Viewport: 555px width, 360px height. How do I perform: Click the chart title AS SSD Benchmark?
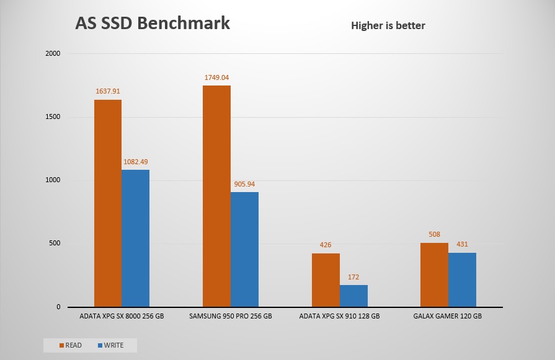[153, 23]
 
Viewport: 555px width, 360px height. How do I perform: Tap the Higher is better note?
[388, 25]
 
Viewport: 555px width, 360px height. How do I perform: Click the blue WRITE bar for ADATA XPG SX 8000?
[135, 239]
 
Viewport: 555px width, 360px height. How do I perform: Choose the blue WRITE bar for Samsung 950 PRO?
[244, 250]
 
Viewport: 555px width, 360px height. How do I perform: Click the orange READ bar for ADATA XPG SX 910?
[326, 280]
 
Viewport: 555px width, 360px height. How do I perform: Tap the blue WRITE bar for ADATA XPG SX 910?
[353, 296]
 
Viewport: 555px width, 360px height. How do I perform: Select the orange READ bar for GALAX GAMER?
[434, 275]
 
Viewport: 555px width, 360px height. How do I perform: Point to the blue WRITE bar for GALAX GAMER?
[462, 280]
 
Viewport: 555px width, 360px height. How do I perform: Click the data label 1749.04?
[216, 78]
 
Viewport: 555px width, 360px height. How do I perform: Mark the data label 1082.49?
[135, 162]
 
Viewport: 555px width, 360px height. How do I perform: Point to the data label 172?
[353, 278]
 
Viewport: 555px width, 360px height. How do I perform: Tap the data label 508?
[434, 235]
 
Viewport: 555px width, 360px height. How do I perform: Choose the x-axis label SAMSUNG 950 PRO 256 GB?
[230, 316]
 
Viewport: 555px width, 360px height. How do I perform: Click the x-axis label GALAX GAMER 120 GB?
[448, 316]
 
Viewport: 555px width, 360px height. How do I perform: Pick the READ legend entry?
[69, 345]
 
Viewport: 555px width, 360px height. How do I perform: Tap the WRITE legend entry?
[110, 345]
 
